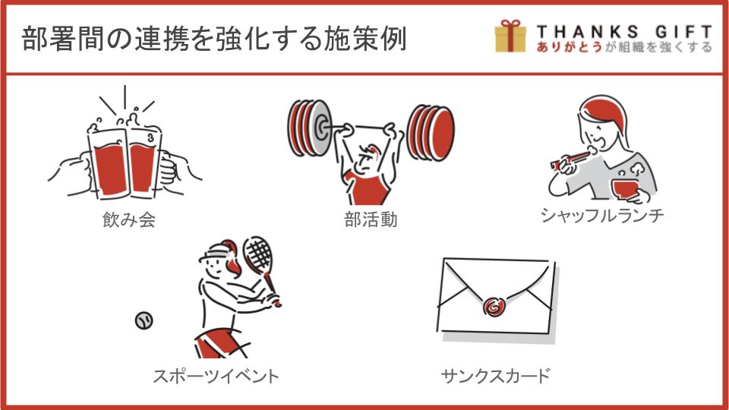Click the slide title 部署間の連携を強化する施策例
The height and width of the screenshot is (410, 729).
(214, 39)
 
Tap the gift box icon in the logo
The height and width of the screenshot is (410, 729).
(510, 36)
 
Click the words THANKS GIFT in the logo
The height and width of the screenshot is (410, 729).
(624, 32)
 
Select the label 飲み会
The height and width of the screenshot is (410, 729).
(129, 219)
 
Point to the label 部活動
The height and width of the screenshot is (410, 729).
(371, 219)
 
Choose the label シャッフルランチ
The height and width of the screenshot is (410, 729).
(602, 215)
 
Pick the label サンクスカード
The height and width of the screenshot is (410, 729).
(496, 376)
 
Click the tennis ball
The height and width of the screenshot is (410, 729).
(144, 320)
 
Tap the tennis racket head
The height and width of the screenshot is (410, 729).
(257, 254)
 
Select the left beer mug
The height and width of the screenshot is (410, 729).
(108, 162)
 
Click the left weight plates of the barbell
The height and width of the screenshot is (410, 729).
(310, 128)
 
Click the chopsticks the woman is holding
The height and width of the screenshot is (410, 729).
(571, 159)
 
